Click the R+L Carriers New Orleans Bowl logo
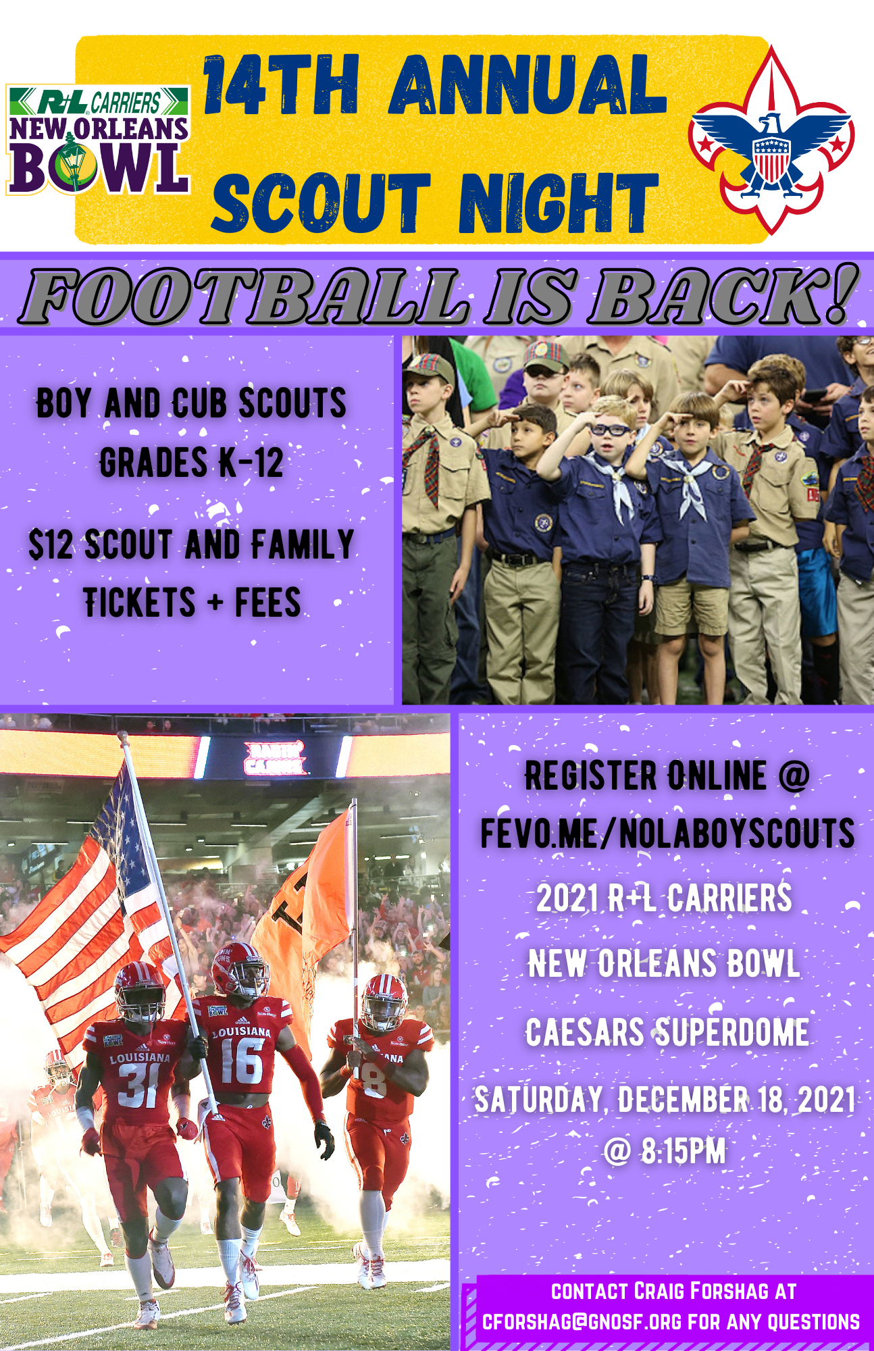point(98,140)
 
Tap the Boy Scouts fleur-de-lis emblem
point(771,141)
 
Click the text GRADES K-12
point(192,463)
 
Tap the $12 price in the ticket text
point(51,544)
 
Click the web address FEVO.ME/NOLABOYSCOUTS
point(667,833)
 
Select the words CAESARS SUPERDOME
point(667,1032)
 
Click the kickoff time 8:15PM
point(684,1151)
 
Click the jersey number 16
point(242,1063)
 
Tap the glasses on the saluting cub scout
point(611,429)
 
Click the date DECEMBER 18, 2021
point(737,1099)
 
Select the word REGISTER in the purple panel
point(591,775)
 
